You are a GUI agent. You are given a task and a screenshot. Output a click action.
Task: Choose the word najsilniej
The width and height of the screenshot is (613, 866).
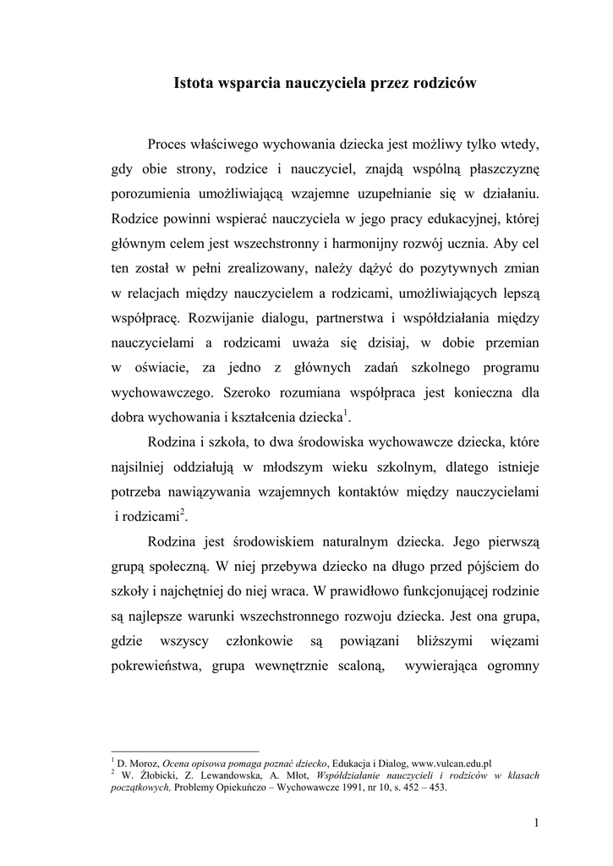pos(141,467)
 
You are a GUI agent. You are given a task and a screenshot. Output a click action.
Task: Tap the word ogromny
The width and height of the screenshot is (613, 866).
pos(507,666)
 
